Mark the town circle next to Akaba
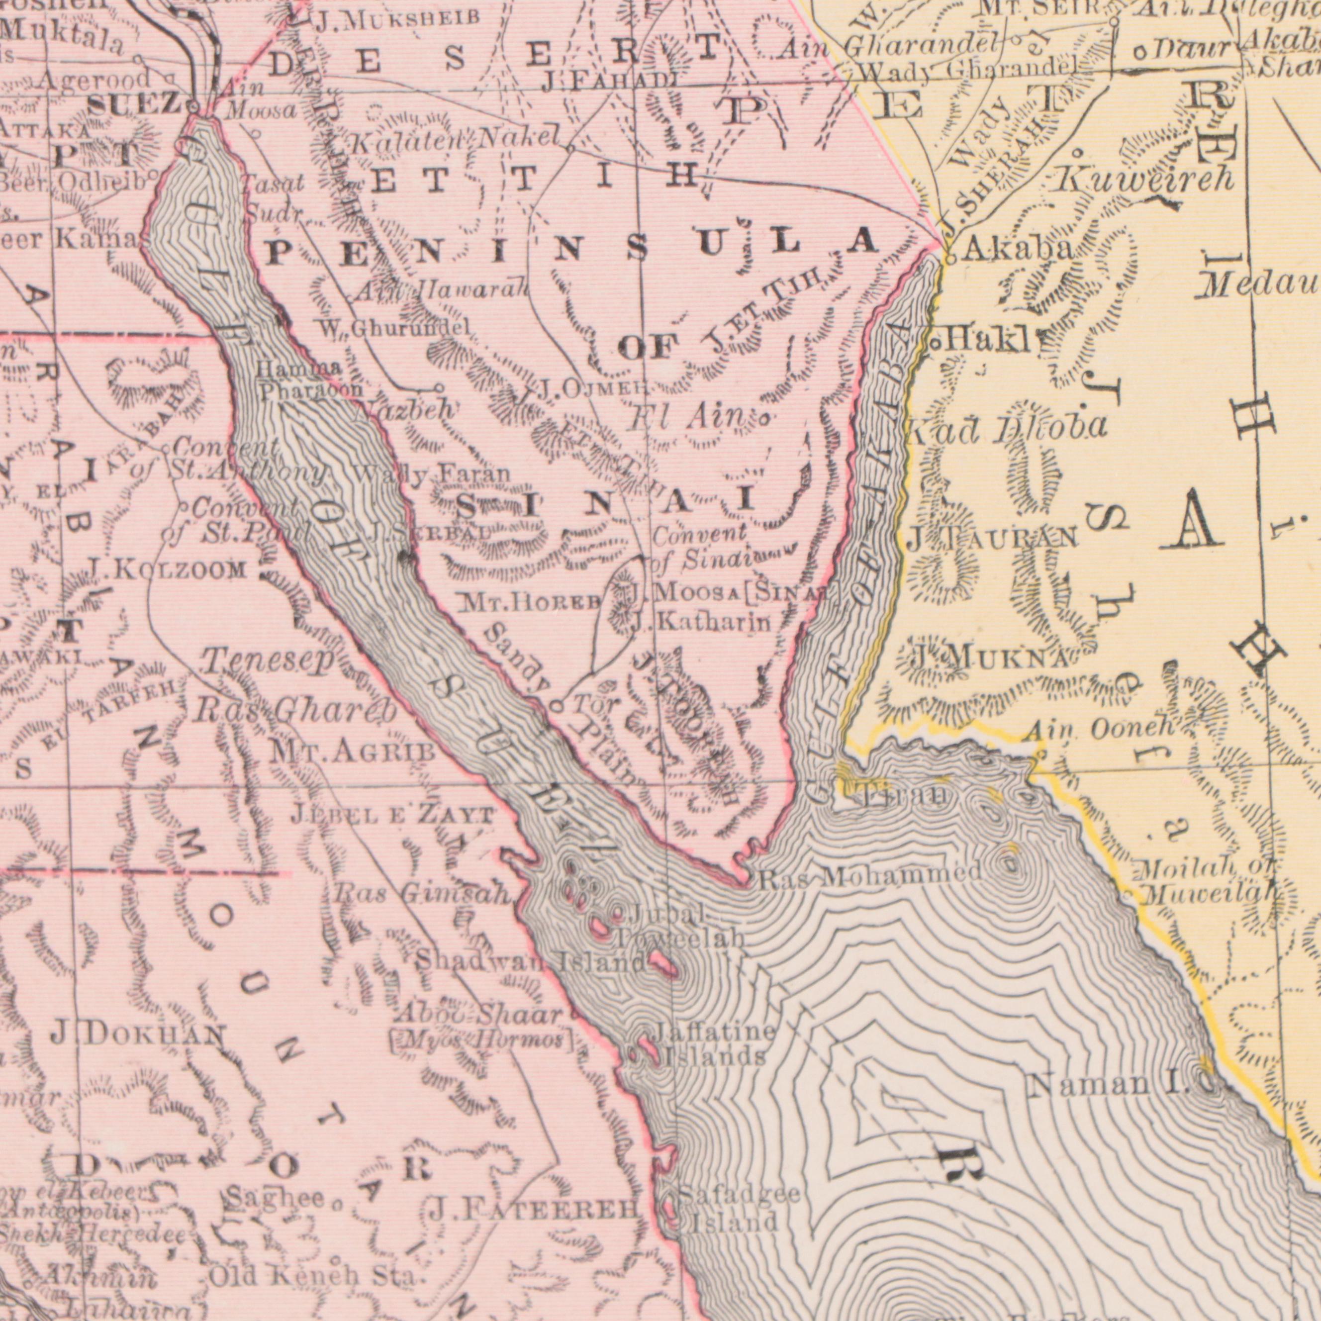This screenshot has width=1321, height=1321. tap(950, 259)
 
